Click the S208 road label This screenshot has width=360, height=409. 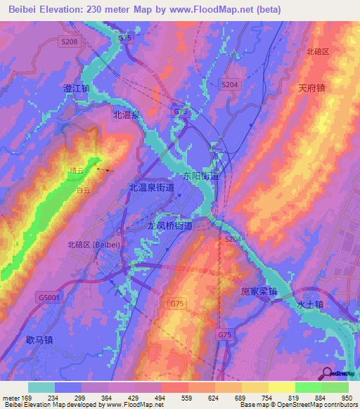pos(69,42)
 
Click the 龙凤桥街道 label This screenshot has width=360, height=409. pos(169,226)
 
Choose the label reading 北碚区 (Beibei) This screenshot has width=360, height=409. pos(94,245)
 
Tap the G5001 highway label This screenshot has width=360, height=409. pos(49,298)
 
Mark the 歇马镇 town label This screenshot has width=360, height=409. pos(39,339)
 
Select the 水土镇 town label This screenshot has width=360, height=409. pos(309,305)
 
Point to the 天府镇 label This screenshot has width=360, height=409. pos(311,89)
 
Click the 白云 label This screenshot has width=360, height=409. pos(84,190)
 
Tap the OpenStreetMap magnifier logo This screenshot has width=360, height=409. pos(327,373)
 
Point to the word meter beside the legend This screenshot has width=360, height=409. pos(11,398)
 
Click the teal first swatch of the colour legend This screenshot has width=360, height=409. pos(41,387)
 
